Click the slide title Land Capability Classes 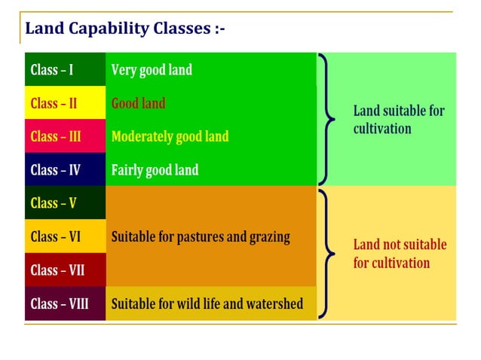pos(124,29)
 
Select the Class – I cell pos(65,70)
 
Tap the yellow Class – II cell pos(65,103)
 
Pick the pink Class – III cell pos(65,136)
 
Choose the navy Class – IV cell pos(65,169)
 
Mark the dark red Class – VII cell pos(65,270)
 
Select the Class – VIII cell pos(65,304)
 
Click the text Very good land pos(152,70)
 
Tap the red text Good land pos(138,103)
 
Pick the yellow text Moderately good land pos(170,136)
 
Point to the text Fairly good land pos(155,169)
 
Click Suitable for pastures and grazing pos(201,236)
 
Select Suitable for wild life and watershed pos(207,304)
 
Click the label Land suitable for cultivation pos(399,120)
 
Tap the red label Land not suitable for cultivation pos(400,254)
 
